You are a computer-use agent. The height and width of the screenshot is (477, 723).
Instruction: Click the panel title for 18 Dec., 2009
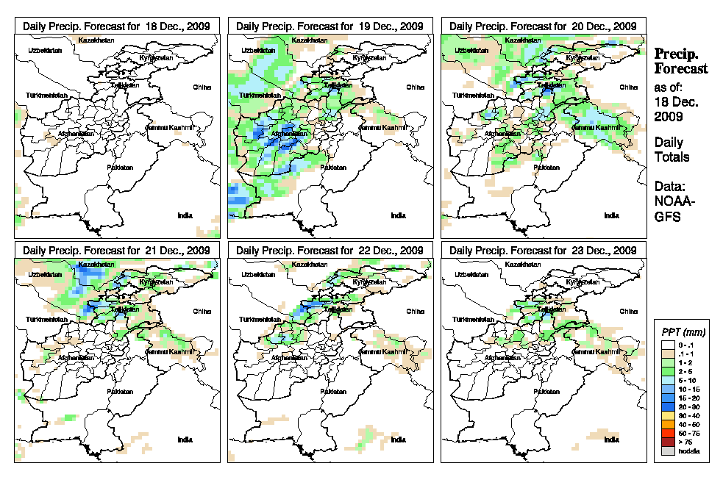tap(117, 26)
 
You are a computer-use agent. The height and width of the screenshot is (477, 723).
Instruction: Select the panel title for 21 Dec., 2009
tap(117, 251)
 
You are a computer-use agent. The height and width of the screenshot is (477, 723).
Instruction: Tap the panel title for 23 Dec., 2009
tap(543, 251)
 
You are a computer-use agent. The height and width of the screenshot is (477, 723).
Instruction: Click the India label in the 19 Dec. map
tap(398, 215)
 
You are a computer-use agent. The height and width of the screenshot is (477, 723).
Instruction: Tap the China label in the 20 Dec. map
tap(628, 87)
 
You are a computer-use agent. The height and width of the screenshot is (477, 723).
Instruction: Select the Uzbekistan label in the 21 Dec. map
tap(43, 275)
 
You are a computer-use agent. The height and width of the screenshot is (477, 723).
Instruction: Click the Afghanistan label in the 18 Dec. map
tap(76, 134)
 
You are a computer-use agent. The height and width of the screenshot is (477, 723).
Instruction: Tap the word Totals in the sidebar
tap(672, 157)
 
